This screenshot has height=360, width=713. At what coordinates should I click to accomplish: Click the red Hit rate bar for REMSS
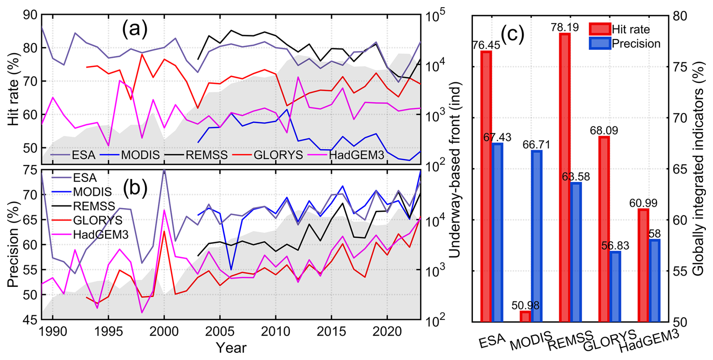point(565,177)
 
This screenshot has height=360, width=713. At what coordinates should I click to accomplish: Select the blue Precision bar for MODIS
point(536,236)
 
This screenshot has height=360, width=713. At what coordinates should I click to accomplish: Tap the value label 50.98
point(526,305)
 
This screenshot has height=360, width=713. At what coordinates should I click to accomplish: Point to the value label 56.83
point(615,246)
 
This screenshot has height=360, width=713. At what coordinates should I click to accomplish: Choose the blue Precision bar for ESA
point(497,232)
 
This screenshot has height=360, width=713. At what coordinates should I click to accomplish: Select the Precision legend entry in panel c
point(636,44)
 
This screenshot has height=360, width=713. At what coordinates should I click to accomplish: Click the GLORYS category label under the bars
point(610,340)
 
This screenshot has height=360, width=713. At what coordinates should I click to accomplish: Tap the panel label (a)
point(135,29)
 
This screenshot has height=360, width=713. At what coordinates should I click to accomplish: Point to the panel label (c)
point(512,34)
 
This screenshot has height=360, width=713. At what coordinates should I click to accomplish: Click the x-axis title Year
point(231,348)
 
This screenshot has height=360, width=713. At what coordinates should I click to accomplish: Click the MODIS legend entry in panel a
point(140,155)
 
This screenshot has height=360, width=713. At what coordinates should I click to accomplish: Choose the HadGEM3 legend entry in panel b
point(101,234)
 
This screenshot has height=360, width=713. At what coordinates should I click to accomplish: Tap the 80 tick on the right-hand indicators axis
point(680,16)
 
